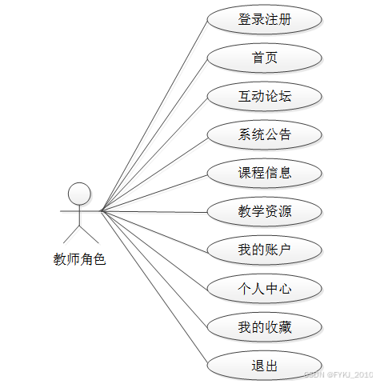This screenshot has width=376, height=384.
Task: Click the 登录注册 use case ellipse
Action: coord(265,19)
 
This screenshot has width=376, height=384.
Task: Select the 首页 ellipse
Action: coord(265,58)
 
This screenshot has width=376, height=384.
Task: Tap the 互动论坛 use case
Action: coord(265,96)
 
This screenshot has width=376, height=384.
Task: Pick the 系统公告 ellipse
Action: coord(265,134)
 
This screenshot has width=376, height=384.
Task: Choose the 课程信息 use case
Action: coord(265,173)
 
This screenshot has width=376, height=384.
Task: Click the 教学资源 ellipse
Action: coord(265,212)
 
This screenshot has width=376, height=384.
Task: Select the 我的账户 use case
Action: coord(265,250)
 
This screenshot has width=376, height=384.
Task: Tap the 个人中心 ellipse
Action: coord(265,289)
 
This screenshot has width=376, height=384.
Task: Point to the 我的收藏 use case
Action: coord(265,327)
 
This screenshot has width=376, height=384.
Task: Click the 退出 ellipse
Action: coord(265,366)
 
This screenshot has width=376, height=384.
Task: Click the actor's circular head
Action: coord(79,194)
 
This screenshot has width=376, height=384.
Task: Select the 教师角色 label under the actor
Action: coord(79,259)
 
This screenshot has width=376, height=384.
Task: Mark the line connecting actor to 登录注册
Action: coord(154,115)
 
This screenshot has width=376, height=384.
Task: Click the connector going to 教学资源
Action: coord(154,211)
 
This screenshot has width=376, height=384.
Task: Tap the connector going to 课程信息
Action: coord(154,193)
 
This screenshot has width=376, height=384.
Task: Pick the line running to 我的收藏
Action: coord(154,269)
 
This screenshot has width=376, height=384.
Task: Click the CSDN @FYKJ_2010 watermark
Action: coord(338,374)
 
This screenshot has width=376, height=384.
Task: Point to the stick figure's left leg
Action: coord(71,234)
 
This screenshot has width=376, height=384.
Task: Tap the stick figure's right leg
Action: coord(89,234)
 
